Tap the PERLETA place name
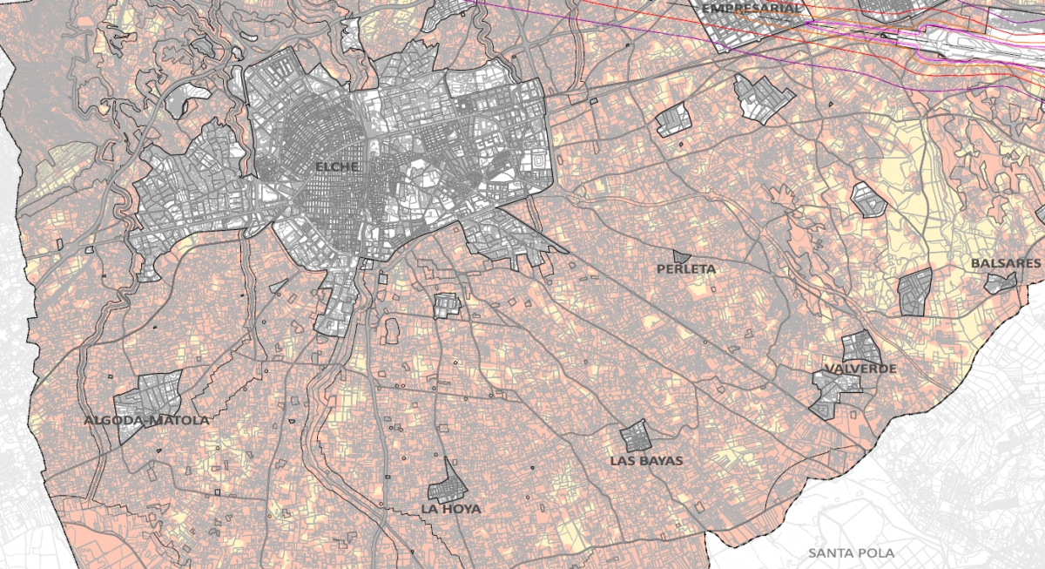tap(686, 269)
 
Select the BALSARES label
tap(1006, 263)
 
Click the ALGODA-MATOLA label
tap(146, 420)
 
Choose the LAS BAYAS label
tap(646, 460)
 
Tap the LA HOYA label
tap(450, 508)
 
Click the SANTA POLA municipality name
tap(851, 552)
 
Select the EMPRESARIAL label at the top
tap(751, 8)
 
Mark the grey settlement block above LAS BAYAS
tap(635, 435)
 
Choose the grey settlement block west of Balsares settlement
tap(915, 291)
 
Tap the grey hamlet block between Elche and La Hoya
tap(447, 305)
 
